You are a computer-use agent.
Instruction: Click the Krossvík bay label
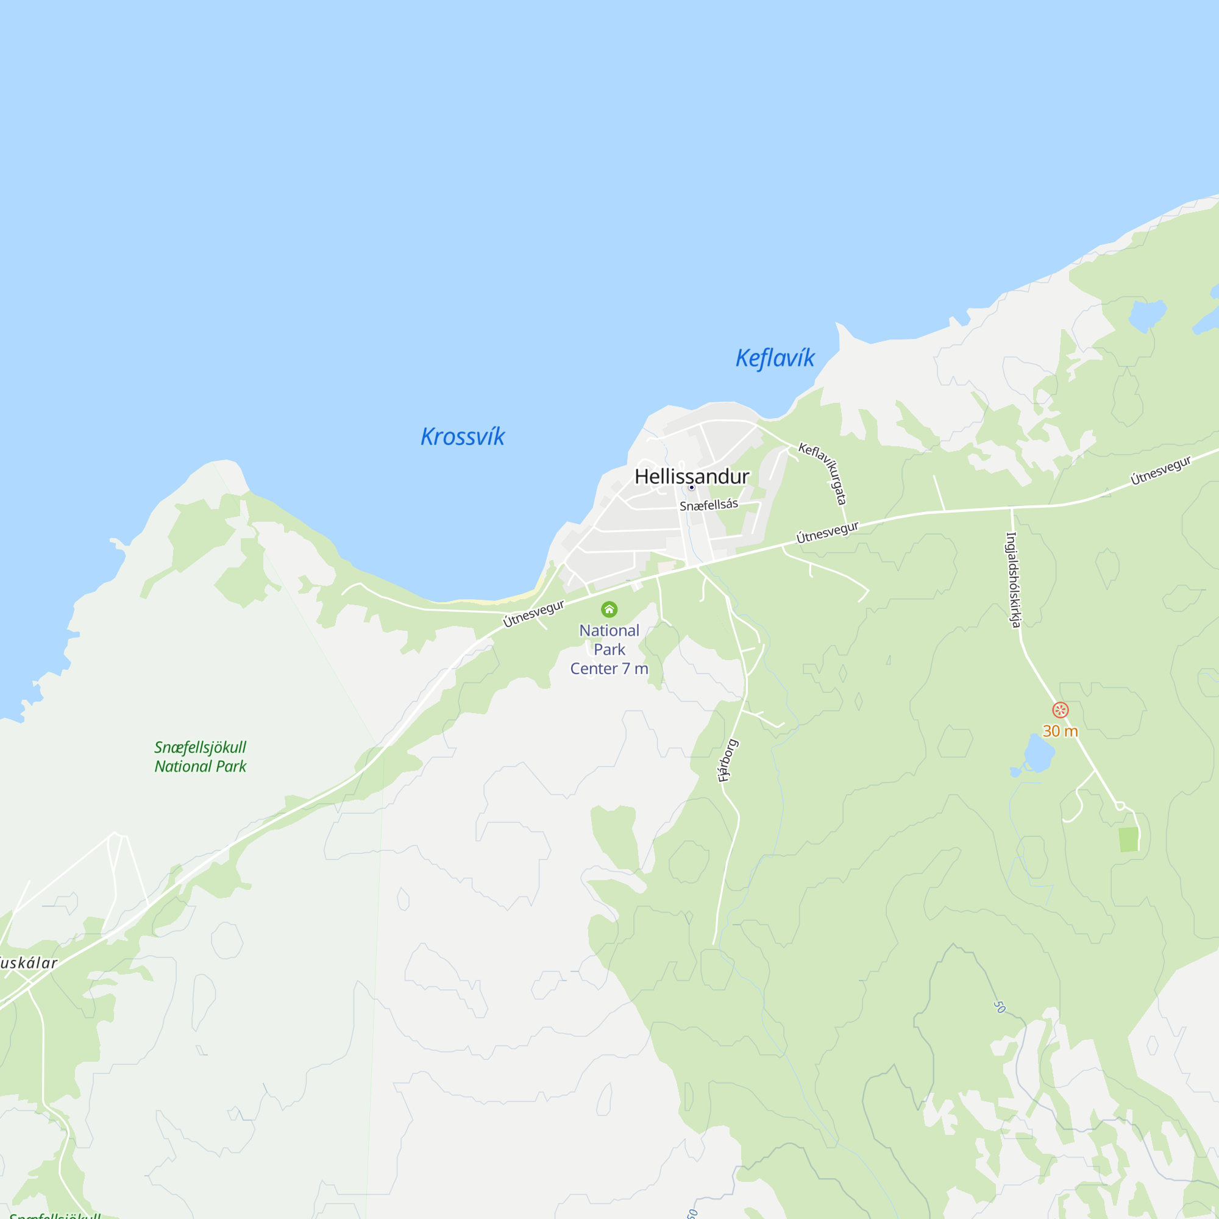tap(463, 436)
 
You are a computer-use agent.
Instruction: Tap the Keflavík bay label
tap(775, 358)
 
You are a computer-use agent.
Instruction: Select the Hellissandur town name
tap(692, 477)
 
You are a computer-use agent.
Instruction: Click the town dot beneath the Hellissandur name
tap(692, 487)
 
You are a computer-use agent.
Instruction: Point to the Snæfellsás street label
tap(709, 505)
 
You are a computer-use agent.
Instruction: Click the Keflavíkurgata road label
tap(823, 472)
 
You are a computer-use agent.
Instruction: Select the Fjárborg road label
tap(728, 760)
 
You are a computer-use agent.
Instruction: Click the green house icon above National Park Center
tap(609, 609)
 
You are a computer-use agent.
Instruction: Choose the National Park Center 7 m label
tap(609, 649)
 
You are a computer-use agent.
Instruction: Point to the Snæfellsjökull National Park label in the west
tap(200, 756)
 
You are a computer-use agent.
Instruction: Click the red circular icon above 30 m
tap(1061, 710)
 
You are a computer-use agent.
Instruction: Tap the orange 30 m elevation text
tap(1060, 731)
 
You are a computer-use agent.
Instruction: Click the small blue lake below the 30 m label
tap(1039, 753)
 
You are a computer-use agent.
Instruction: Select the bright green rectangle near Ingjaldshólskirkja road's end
tap(1128, 840)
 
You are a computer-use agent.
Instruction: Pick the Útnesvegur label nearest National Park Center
tap(534, 613)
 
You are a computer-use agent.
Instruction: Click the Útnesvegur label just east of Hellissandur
tap(827, 532)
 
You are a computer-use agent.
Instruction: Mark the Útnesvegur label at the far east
tap(1161, 470)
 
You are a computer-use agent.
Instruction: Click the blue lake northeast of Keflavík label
tap(1146, 315)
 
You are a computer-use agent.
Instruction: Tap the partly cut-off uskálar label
tap(29, 963)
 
